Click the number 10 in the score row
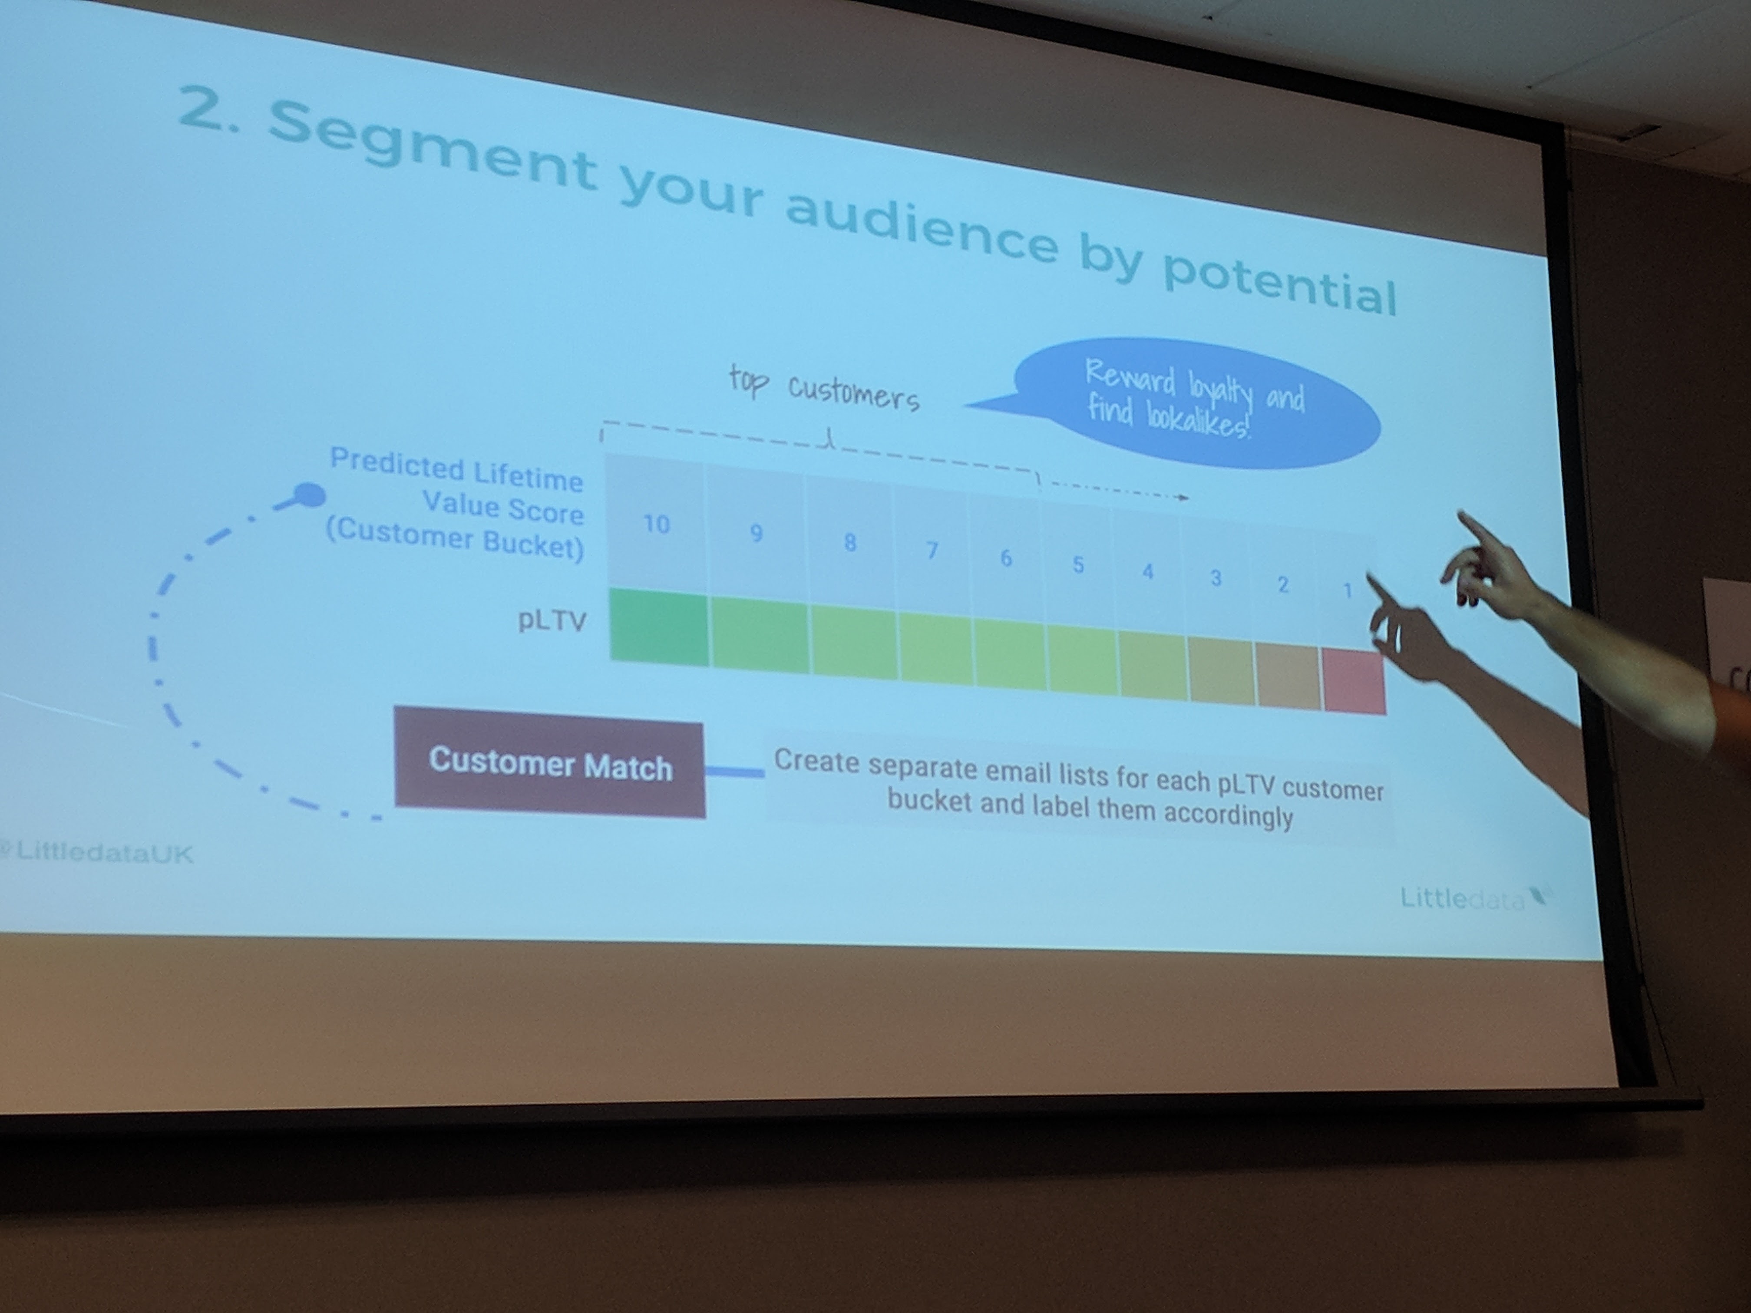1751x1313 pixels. point(656,524)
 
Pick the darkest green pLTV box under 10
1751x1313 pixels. point(659,627)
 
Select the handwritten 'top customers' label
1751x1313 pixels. point(823,388)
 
